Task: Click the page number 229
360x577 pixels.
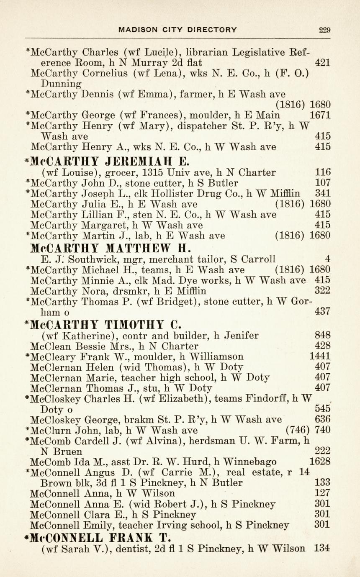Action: coord(324,30)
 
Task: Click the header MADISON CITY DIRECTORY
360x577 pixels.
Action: coord(178,30)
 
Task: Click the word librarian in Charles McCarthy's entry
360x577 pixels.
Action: coord(206,52)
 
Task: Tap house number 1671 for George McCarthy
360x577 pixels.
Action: coord(320,115)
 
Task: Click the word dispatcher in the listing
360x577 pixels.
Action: coord(204,126)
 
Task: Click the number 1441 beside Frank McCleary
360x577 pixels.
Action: coord(320,356)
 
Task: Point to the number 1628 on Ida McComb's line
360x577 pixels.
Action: coord(320,462)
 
